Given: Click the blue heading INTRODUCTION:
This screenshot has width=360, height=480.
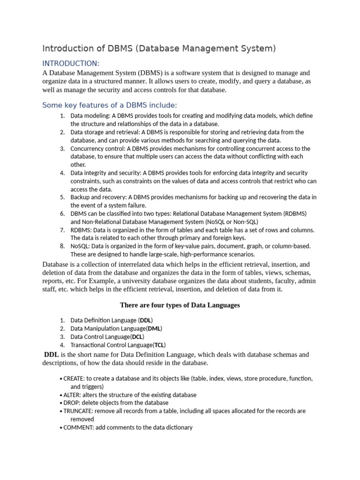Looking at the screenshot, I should tap(71, 63).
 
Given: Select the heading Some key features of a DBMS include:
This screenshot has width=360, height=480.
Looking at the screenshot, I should tap(110, 105).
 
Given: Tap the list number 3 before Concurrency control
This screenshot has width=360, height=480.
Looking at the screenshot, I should tap(62, 149).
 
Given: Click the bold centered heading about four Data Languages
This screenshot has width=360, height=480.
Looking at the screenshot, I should tap(180, 305).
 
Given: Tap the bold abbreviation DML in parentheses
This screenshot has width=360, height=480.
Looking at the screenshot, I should tap(154, 329).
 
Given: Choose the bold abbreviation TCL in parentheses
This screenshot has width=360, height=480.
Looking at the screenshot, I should tap(159, 345).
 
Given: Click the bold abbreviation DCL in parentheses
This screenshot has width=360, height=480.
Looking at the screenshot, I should tap(137, 337).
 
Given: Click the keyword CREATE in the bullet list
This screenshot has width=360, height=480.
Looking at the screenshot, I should tap(74, 378).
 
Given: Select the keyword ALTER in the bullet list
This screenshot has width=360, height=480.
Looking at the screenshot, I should tap(72, 395).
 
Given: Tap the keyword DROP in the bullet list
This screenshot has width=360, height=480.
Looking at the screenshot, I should tap(71, 403).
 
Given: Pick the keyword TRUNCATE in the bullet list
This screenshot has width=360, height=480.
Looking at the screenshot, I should tap(77, 411).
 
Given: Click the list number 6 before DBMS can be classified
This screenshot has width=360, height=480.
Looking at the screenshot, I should tap(62, 213).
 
